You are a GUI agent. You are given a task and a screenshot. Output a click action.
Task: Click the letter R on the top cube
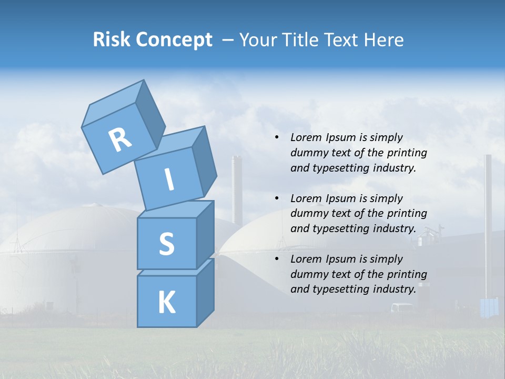pos(120,140)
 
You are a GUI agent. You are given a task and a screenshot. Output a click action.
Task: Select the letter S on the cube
pos(166,244)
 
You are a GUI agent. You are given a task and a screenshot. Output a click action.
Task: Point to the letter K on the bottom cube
pos(166,303)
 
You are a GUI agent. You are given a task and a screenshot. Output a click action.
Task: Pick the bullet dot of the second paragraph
pos(277,198)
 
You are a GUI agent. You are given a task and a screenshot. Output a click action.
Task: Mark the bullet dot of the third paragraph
pos(277,259)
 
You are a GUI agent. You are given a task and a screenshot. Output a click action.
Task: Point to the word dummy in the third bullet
pos(307,274)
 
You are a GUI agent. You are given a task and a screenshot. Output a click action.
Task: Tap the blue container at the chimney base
pos(489,307)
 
